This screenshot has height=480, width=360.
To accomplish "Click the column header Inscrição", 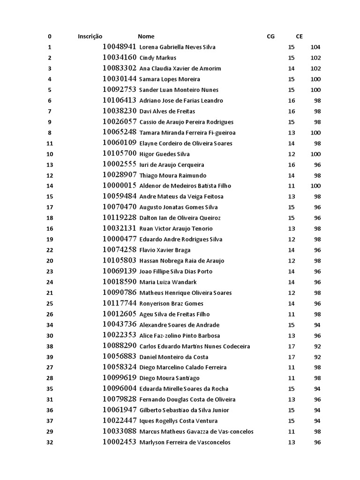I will click(90, 36).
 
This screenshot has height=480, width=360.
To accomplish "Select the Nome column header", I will click(146, 36).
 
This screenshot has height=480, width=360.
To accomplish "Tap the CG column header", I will click(270, 36).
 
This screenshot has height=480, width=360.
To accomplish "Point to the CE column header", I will click(300, 36).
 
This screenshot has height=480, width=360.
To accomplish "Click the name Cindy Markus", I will click(158, 58).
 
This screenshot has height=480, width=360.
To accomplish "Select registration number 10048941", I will click(120, 47).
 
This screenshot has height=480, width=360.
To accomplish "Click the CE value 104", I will click(315, 47).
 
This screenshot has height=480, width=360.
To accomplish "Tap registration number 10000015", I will click(120, 186).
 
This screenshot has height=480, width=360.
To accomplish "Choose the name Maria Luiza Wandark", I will click(168, 282).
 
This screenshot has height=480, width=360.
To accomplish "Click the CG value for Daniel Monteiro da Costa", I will click(291, 357).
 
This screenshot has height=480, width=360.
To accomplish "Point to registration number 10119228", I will click(120, 217).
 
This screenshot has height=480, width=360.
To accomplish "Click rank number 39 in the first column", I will click(50, 357).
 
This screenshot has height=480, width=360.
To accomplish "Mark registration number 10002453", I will click(120, 442).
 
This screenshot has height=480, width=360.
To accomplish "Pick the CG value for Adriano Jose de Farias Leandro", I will click(291, 100).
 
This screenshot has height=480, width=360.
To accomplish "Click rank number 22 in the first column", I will click(50, 250).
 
